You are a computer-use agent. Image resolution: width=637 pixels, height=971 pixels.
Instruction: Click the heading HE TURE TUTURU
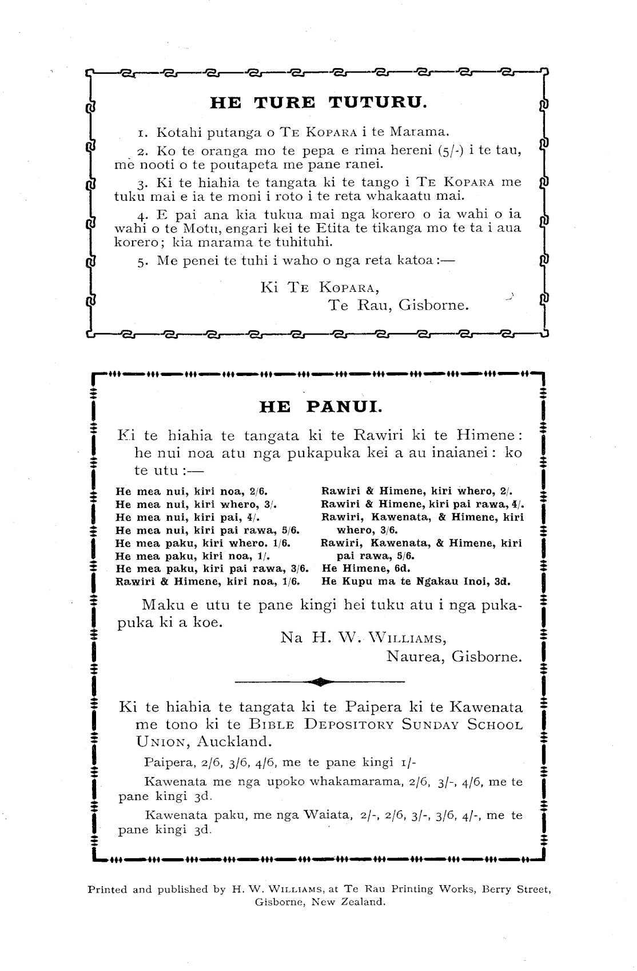point(318,102)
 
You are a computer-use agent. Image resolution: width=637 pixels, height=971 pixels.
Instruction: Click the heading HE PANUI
point(320,407)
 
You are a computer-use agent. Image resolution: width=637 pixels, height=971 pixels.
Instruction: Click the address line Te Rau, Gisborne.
point(398,305)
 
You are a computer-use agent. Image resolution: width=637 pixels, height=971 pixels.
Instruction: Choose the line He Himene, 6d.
point(359,568)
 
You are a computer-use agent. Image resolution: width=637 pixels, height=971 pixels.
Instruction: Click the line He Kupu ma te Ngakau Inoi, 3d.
point(416,581)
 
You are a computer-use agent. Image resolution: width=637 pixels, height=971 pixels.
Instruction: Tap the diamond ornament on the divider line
point(320,681)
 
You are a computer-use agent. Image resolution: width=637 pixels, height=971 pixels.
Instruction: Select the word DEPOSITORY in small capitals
point(349,724)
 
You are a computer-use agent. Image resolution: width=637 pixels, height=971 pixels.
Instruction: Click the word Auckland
point(234,742)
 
